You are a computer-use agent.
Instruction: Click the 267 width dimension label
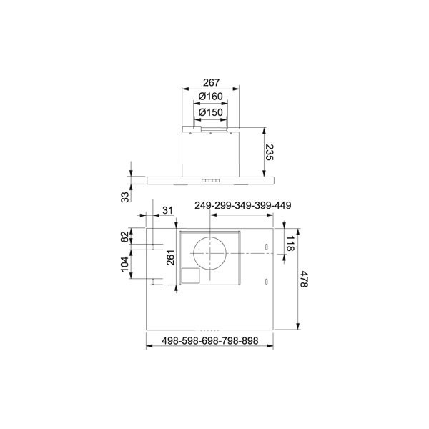click(x=211, y=82)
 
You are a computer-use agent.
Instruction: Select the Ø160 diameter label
click(x=210, y=97)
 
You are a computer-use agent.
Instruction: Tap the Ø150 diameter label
click(x=210, y=112)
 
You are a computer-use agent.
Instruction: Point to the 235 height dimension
click(x=270, y=152)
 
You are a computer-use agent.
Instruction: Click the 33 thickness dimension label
click(x=124, y=197)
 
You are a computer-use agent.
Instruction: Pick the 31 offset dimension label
click(x=168, y=210)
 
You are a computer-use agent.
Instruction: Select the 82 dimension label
click(x=124, y=237)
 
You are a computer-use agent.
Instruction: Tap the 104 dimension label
click(x=124, y=265)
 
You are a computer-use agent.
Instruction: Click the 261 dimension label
click(x=171, y=257)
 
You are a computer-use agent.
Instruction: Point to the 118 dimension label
click(x=290, y=243)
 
